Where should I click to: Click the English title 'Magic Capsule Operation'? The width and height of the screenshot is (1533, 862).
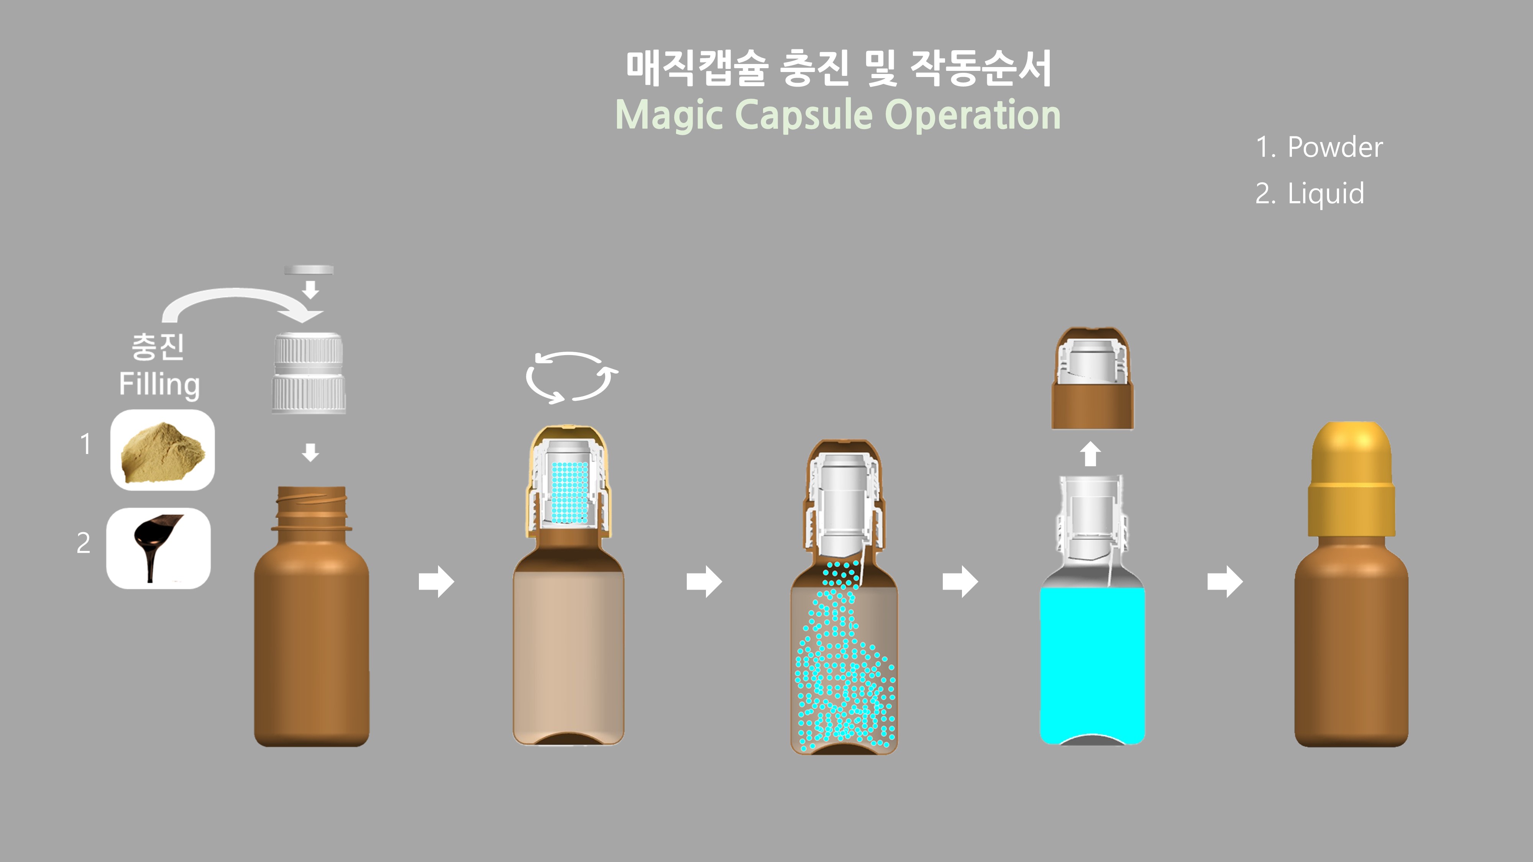pyautogui.click(x=838, y=115)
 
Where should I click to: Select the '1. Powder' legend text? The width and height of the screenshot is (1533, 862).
pyautogui.click(x=1319, y=147)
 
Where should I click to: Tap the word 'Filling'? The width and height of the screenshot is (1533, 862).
pyautogui.click(x=159, y=384)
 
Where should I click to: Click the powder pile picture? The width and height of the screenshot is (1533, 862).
pyautogui.click(x=162, y=450)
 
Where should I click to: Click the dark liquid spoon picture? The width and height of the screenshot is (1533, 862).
pyautogui.click(x=158, y=548)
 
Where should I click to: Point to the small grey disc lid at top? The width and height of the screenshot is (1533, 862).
pyautogui.click(x=308, y=269)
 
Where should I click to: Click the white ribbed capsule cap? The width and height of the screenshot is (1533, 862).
pyautogui.click(x=309, y=372)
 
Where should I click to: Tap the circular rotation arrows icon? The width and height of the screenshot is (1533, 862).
pyautogui.click(x=571, y=377)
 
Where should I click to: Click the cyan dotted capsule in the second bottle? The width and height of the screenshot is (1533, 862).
pyautogui.click(x=570, y=492)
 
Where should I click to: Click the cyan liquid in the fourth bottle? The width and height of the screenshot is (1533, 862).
pyautogui.click(x=1092, y=663)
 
